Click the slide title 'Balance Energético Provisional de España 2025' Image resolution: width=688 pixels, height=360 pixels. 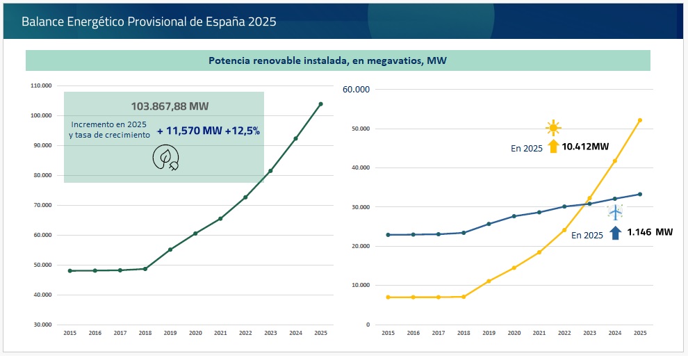(149, 22)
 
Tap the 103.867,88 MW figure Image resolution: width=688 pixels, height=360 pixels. (170, 106)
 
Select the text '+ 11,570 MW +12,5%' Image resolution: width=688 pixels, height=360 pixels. (208, 131)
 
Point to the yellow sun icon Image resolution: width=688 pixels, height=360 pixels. (552, 127)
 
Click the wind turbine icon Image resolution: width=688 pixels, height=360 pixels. (615, 212)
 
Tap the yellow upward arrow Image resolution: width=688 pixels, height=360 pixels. (553, 146)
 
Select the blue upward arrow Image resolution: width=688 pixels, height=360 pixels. (615, 232)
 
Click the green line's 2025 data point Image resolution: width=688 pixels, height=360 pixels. (320, 104)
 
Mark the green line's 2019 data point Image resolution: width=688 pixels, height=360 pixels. (170, 249)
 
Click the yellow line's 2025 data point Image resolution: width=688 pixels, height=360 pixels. (639, 120)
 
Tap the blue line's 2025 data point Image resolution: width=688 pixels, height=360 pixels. (639, 194)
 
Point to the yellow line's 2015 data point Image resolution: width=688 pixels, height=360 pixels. (388, 297)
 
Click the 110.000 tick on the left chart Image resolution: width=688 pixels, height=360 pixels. (41, 86)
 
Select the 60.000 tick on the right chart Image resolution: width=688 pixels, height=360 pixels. (359, 90)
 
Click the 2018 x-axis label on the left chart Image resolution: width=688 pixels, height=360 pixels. (145, 334)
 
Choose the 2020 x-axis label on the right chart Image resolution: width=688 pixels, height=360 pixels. (514, 334)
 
